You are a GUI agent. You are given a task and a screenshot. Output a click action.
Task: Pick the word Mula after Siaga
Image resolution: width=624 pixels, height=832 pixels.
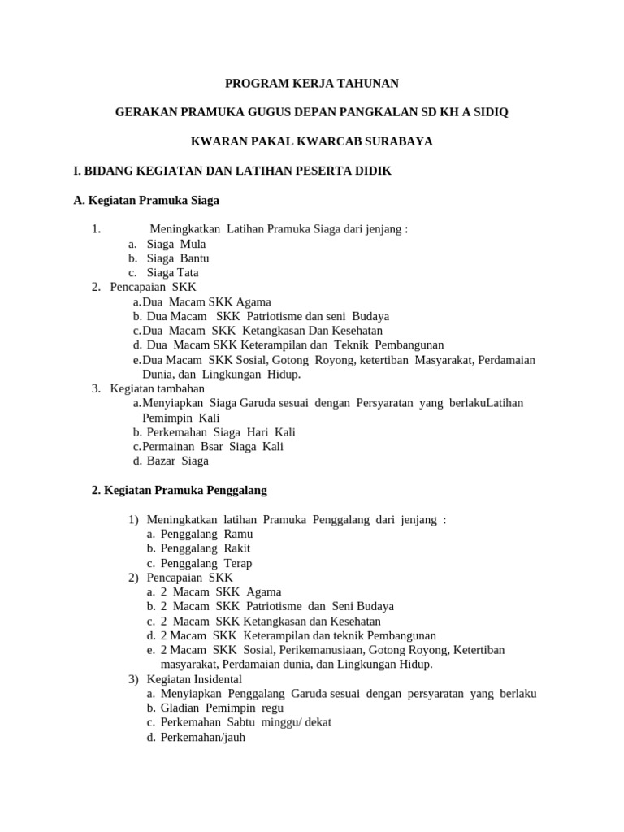pyautogui.click(x=193, y=244)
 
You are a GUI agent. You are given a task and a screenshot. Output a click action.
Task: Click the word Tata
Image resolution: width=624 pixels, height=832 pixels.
pyautogui.click(x=188, y=273)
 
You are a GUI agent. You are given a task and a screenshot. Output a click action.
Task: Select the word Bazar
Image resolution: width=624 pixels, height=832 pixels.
pyautogui.click(x=162, y=461)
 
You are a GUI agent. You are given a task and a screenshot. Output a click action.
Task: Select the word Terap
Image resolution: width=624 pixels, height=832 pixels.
pyautogui.click(x=238, y=563)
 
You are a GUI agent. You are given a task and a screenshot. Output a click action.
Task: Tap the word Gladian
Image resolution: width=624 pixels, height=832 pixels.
pyautogui.click(x=181, y=708)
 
